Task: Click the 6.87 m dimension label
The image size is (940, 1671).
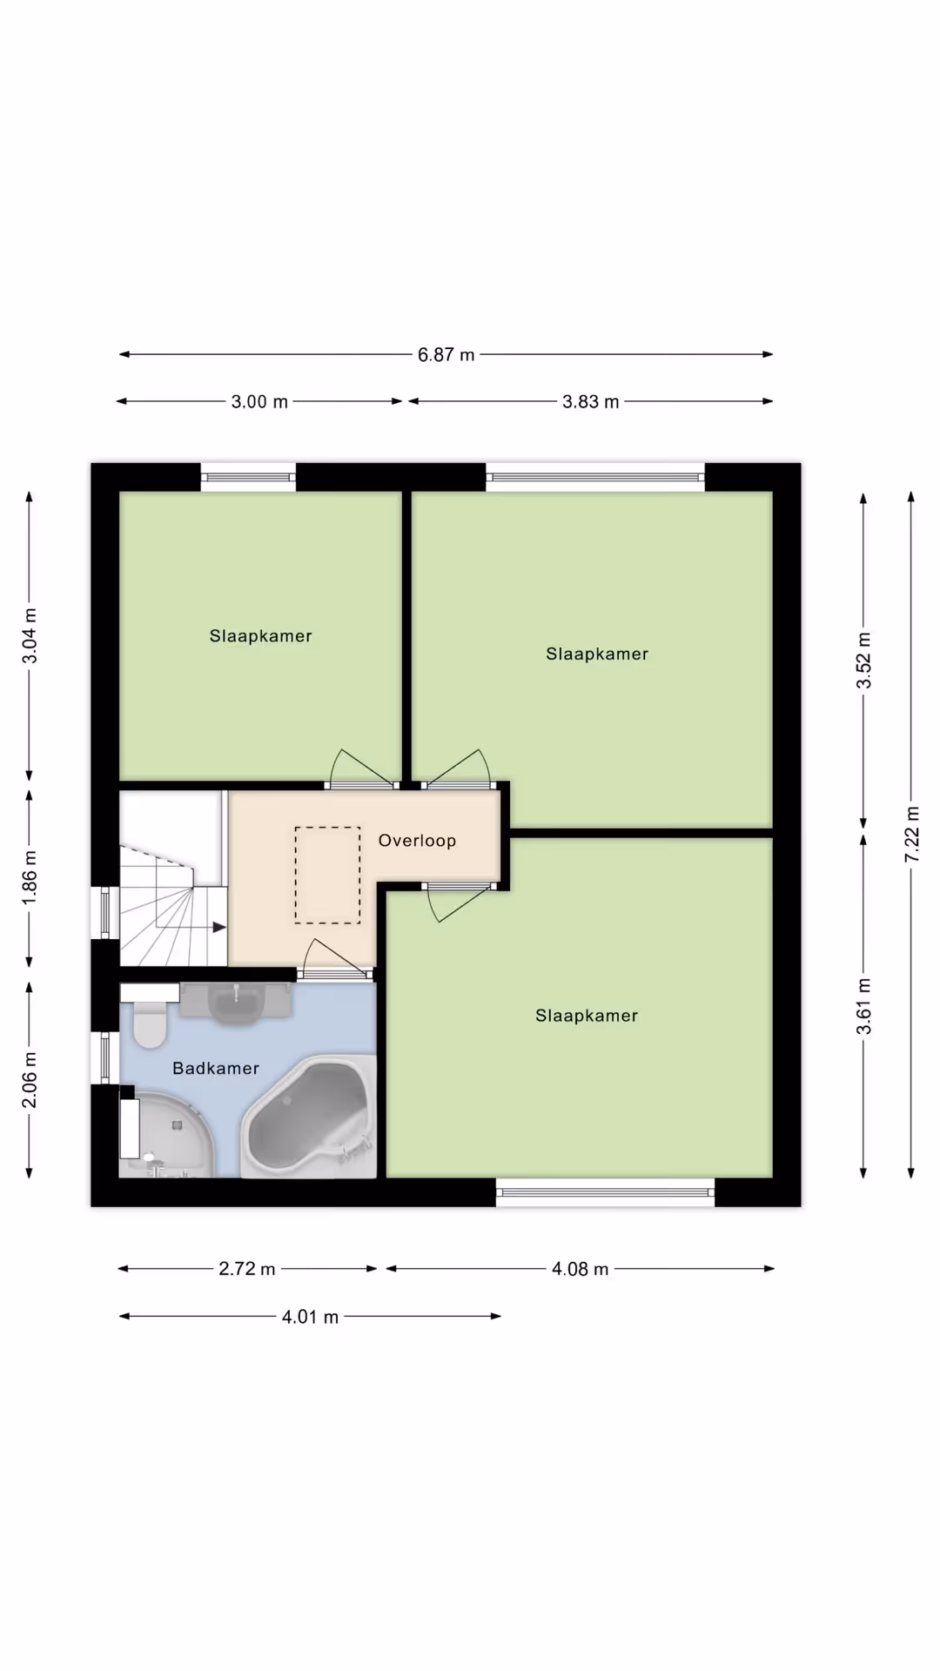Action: (446, 355)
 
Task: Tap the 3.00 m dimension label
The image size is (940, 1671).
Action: (259, 402)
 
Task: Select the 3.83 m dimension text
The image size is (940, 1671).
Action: (590, 402)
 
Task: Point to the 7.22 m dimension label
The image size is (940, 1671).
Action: (911, 835)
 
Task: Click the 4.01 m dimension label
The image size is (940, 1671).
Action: (310, 1317)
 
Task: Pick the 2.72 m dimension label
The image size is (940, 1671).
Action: (247, 1269)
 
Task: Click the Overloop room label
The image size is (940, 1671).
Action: (417, 841)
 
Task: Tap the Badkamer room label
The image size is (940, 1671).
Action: (216, 1069)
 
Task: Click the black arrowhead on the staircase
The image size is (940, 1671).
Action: (219, 928)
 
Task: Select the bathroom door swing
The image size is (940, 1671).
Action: (336, 956)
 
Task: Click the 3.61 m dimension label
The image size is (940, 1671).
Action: (864, 1006)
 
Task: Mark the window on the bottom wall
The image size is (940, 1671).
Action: (605, 1191)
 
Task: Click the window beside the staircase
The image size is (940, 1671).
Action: (105, 912)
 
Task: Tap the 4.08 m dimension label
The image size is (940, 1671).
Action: (580, 1269)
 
